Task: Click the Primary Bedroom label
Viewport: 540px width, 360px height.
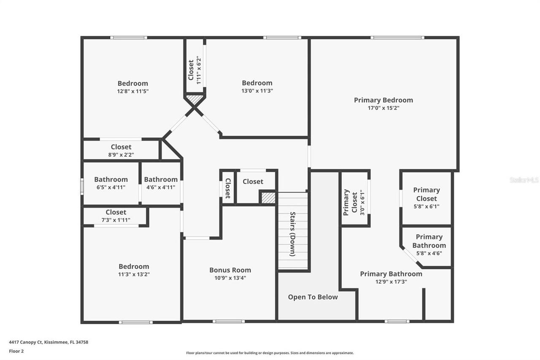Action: [x=383, y=100]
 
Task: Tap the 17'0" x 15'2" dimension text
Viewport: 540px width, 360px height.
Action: [x=383, y=108]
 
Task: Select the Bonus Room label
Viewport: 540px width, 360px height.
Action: [x=230, y=270]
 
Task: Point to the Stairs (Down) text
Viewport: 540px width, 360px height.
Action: [x=292, y=233]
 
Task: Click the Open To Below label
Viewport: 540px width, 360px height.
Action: [x=313, y=297]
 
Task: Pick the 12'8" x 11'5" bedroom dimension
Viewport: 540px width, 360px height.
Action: [x=133, y=91]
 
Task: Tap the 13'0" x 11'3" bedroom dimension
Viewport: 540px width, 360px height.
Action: [x=257, y=91]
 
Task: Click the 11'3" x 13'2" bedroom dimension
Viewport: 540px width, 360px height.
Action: [x=134, y=274]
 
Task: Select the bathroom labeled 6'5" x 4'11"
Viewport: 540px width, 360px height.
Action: [x=111, y=183]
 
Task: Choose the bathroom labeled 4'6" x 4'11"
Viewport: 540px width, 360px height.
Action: [x=161, y=183]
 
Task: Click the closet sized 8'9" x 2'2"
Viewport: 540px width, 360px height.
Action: [x=121, y=151]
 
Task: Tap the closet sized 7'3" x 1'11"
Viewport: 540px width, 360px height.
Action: [x=116, y=216]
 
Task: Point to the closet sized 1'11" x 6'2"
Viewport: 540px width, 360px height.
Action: [x=194, y=69]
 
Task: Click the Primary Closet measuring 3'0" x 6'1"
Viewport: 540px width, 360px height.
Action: [x=354, y=202]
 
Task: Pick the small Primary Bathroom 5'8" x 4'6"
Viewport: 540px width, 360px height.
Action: [x=429, y=245]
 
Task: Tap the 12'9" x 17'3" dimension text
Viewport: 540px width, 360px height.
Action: [x=391, y=282]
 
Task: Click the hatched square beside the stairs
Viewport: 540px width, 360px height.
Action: [x=268, y=198]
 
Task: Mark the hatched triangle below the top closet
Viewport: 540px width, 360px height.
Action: [x=195, y=100]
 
